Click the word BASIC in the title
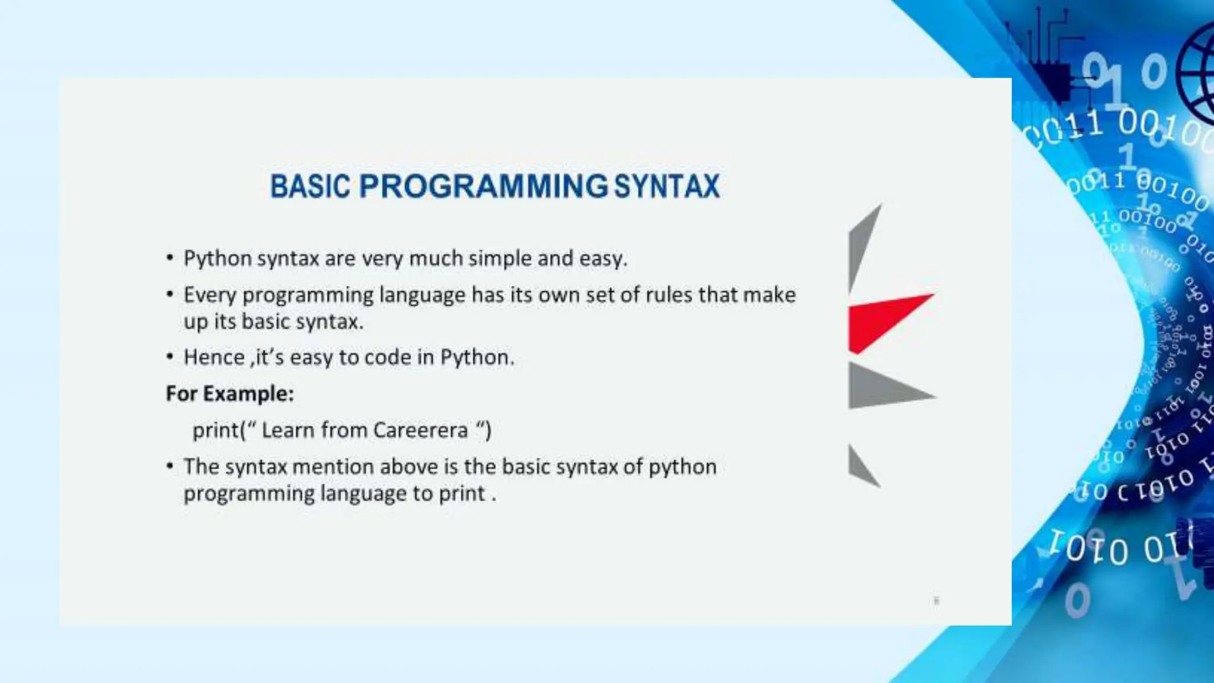[311, 186]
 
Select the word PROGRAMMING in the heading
[483, 186]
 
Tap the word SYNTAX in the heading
[667, 186]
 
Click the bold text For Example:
[230, 394]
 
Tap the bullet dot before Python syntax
[170, 258]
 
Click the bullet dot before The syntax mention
[170, 466]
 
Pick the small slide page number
[936, 601]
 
